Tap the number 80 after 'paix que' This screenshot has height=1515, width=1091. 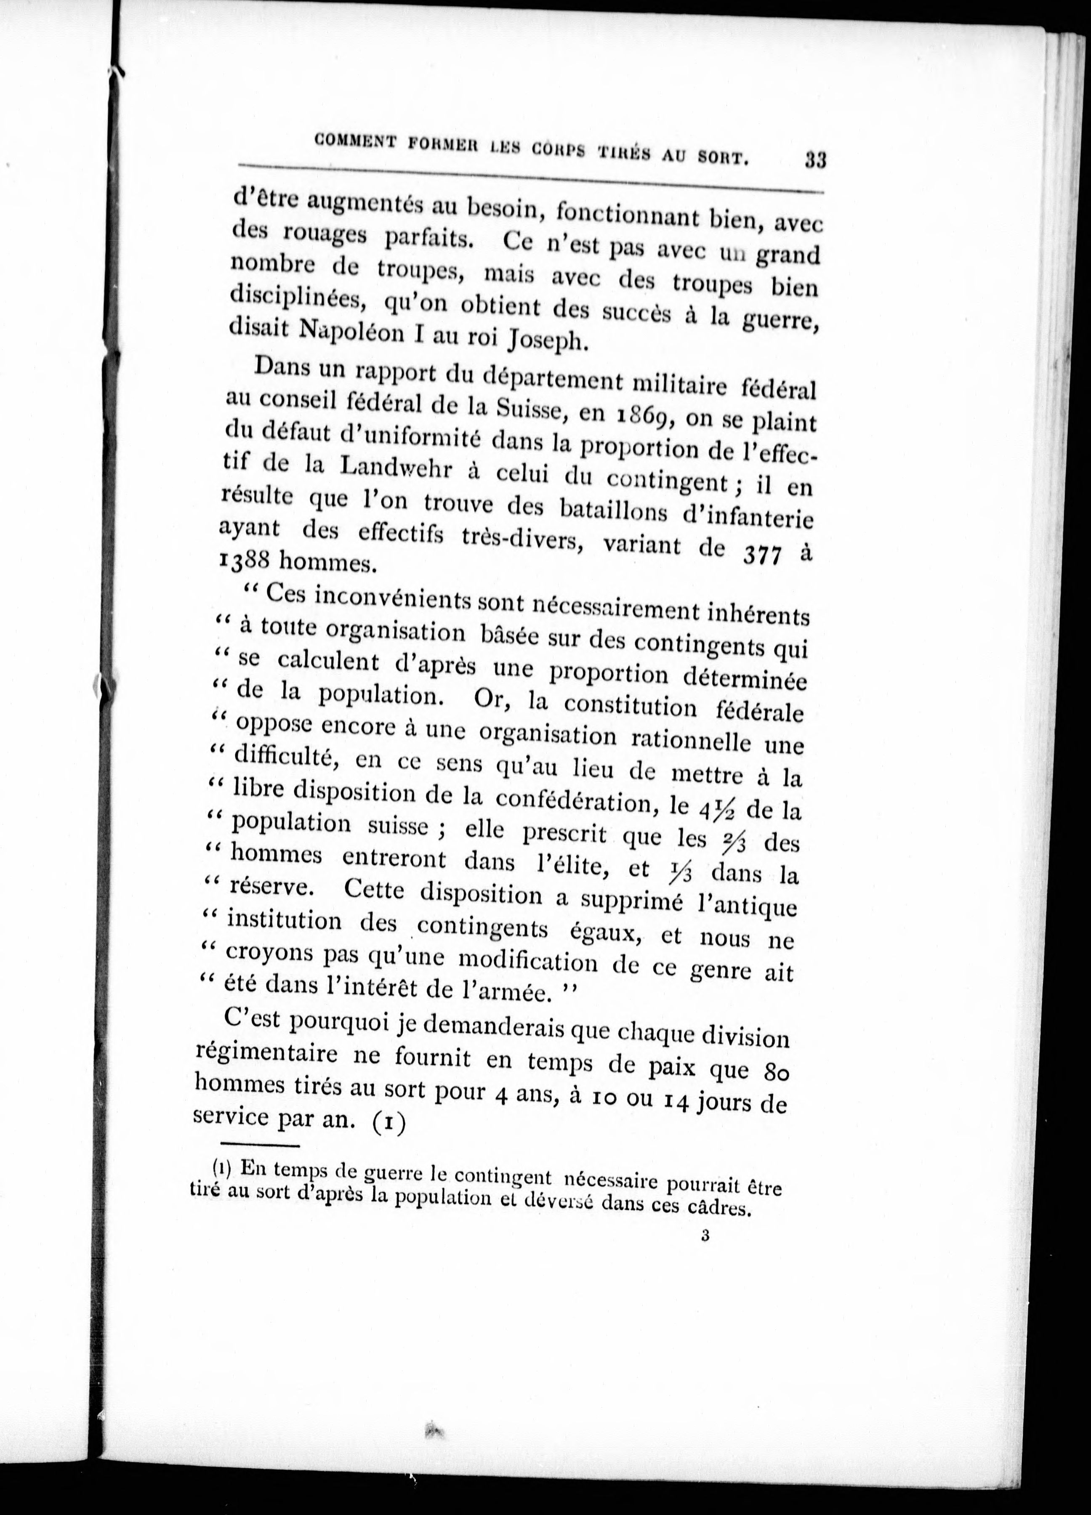click(775, 1073)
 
